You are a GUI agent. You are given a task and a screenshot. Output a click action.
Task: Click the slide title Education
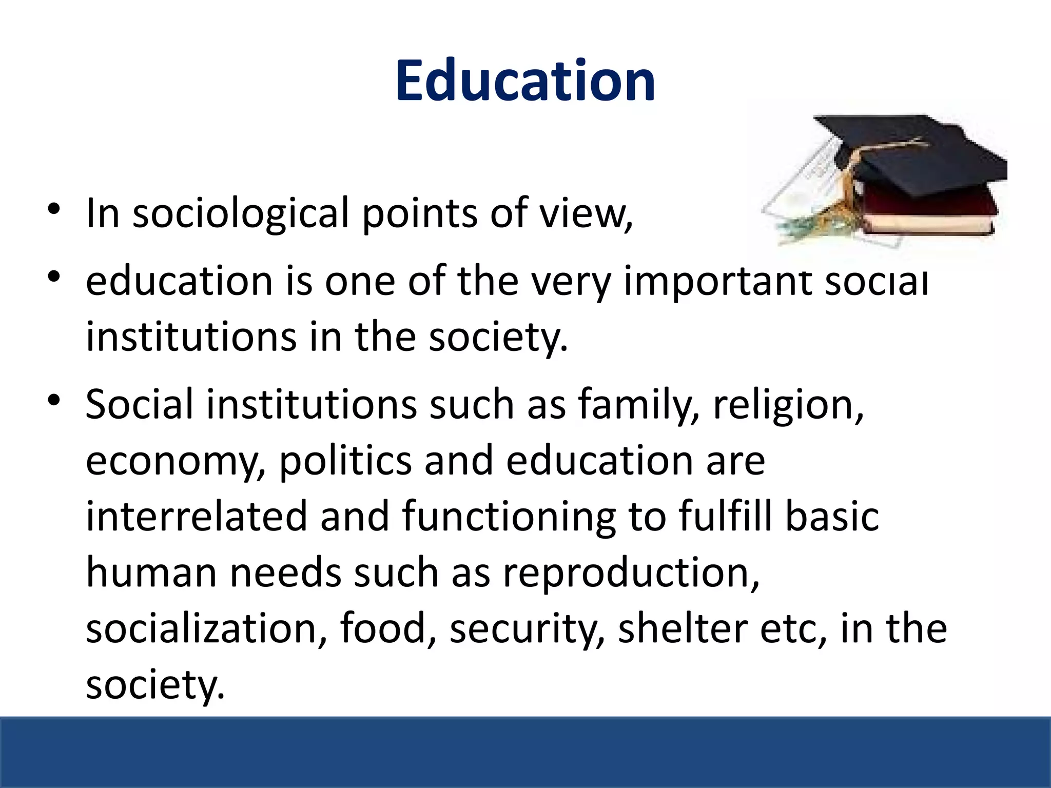(525, 81)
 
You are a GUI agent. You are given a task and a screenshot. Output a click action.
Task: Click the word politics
(345, 460)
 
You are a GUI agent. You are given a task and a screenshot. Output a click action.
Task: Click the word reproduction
(630, 573)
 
